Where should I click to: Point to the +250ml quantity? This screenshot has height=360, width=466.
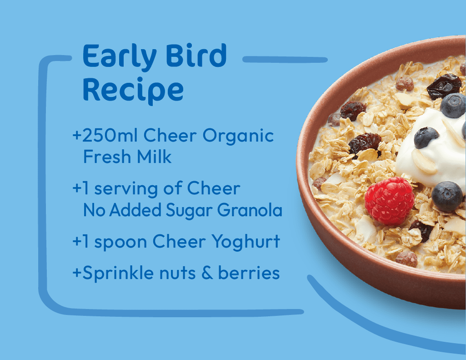[x=105, y=135]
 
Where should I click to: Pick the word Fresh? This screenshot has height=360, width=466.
[x=107, y=157]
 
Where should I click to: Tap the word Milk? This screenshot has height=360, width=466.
[x=154, y=157]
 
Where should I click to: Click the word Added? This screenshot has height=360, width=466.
[x=135, y=210]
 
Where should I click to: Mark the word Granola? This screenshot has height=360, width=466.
[x=250, y=210]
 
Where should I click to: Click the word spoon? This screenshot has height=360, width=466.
[x=120, y=243]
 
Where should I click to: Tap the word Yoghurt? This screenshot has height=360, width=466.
[x=246, y=242]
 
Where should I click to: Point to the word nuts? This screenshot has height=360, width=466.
[x=177, y=274]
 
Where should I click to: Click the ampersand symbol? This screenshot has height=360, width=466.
[x=207, y=273]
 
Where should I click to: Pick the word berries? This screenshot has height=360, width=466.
[x=249, y=273]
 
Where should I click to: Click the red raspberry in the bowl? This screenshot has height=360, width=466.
[x=389, y=201]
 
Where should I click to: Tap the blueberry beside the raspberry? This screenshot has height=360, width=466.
[x=447, y=196]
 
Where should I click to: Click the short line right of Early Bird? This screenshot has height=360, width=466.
[x=285, y=60]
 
